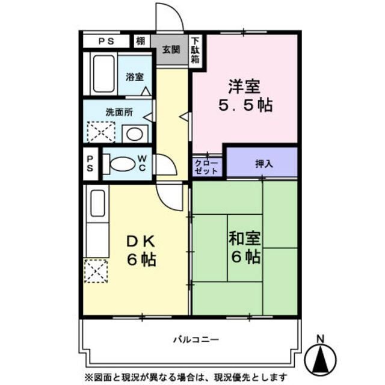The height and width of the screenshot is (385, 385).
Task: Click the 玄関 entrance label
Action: point(170,50)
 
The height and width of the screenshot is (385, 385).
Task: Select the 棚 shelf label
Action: point(140,42)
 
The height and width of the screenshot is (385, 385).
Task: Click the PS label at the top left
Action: point(106,42)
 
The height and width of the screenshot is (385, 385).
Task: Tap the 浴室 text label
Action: point(134,77)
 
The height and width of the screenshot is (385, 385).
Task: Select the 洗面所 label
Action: point(119,112)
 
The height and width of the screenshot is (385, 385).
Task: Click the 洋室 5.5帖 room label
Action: point(244,96)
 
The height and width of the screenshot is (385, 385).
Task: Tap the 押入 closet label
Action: point(262,162)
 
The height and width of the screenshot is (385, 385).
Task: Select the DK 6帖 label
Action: point(141,250)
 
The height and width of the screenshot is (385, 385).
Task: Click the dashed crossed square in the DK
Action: point(96,271)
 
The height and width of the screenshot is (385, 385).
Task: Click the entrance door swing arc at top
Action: point(170,14)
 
